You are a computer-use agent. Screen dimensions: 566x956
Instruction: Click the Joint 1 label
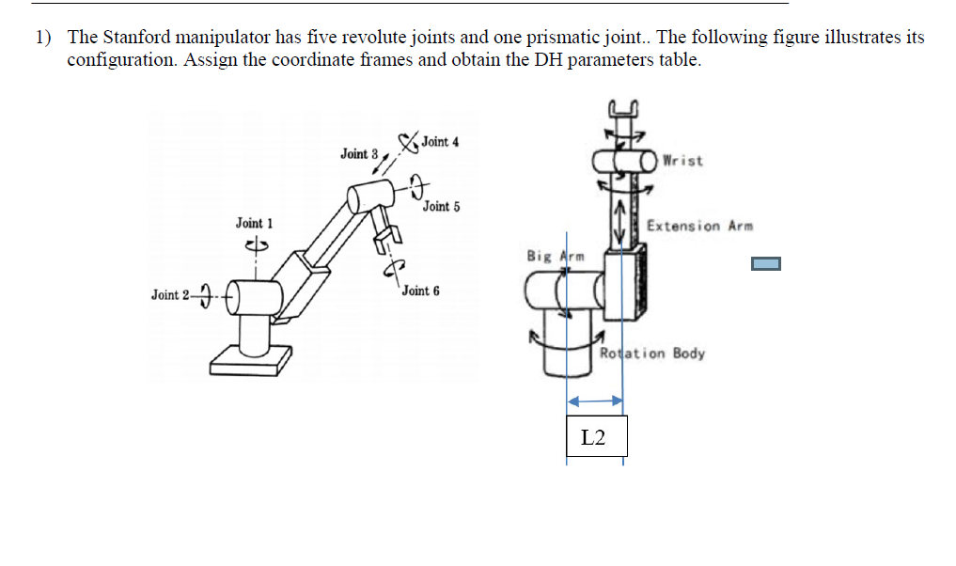point(254,223)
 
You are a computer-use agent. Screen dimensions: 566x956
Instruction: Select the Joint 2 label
point(170,295)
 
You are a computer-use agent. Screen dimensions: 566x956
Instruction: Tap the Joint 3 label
point(359,153)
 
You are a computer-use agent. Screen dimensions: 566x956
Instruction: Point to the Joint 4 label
point(440,142)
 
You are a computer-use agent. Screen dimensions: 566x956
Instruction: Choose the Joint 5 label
point(441,206)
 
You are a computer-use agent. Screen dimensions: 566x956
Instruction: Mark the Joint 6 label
point(420,291)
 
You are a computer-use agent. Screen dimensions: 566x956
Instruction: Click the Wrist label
point(682,161)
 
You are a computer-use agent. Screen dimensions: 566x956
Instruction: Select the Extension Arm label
point(699,226)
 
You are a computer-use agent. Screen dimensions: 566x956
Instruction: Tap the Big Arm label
point(556,256)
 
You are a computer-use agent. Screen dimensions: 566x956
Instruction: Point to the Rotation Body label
point(652,354)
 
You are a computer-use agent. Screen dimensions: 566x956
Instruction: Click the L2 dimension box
point(596,437)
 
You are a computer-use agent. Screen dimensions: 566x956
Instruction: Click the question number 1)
point(44,38)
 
